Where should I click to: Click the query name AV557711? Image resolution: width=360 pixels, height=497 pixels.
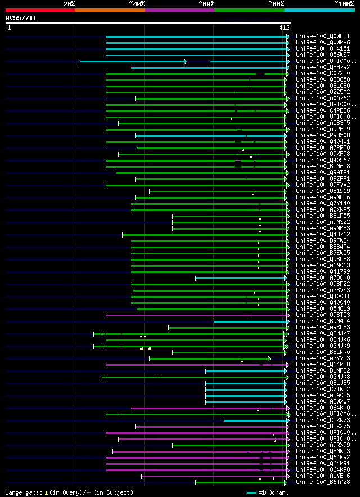pos(21,18)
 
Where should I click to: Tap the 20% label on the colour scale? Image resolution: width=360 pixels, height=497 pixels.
pos(69,3)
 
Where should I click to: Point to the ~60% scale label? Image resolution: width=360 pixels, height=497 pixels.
pos(206,3)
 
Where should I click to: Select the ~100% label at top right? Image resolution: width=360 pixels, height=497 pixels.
pos(344,3)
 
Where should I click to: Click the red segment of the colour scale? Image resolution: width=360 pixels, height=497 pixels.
pos(40,10)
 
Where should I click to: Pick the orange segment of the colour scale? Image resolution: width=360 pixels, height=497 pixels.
pos(110,10)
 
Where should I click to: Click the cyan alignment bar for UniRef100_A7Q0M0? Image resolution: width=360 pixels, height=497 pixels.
pos(241,278)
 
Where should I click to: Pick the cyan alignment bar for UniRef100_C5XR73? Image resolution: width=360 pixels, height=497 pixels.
pos(256,420)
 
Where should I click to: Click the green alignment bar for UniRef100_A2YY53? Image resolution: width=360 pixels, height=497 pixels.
pos(208,359)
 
